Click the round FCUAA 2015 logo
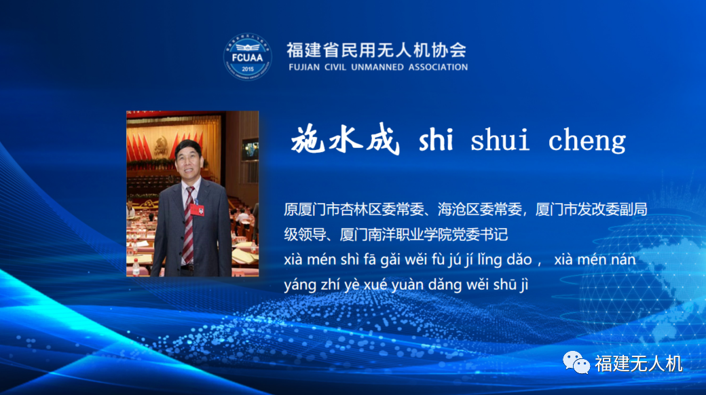click(x=248, y=57)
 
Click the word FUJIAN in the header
click(x=304, y=67)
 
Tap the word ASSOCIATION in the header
click(x=438, y=67)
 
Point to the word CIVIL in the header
click(x=335, y=67)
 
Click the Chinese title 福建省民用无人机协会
click(x=376, y=50)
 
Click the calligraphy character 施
click(x=308, y=139)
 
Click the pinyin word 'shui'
click(x=500, y=139)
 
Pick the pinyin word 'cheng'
click(x=587, y=140)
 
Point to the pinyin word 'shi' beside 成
click(x=436, y=139)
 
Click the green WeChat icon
click(x=576, y=362)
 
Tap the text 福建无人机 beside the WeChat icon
click(x=639, y=364)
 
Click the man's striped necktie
click(x=189, y=225)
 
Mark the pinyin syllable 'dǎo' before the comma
click(x=519, y=260)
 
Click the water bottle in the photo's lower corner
click(x=136, y=267)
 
